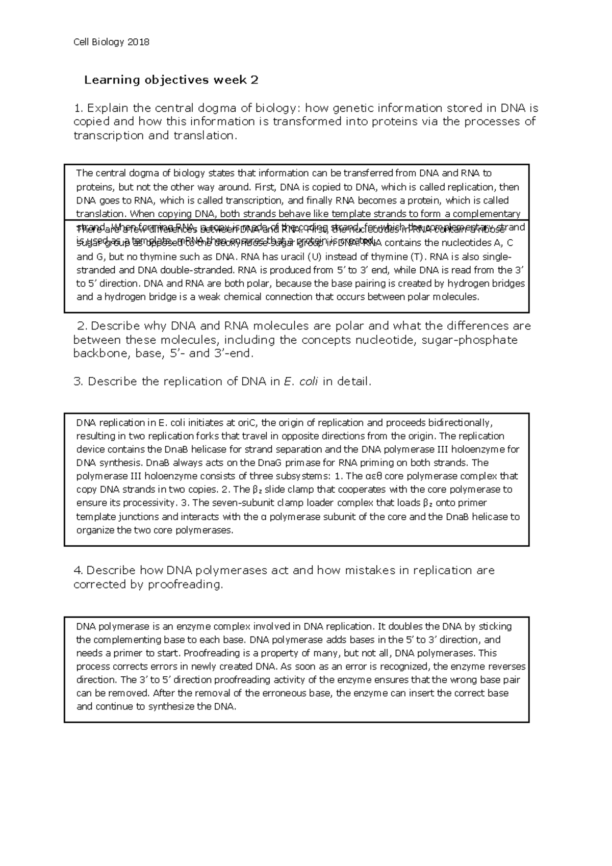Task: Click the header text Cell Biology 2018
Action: coord(111,42)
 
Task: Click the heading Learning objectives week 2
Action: coord(171,80)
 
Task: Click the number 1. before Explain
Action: coord(78,108)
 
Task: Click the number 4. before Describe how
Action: coord(79,570)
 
